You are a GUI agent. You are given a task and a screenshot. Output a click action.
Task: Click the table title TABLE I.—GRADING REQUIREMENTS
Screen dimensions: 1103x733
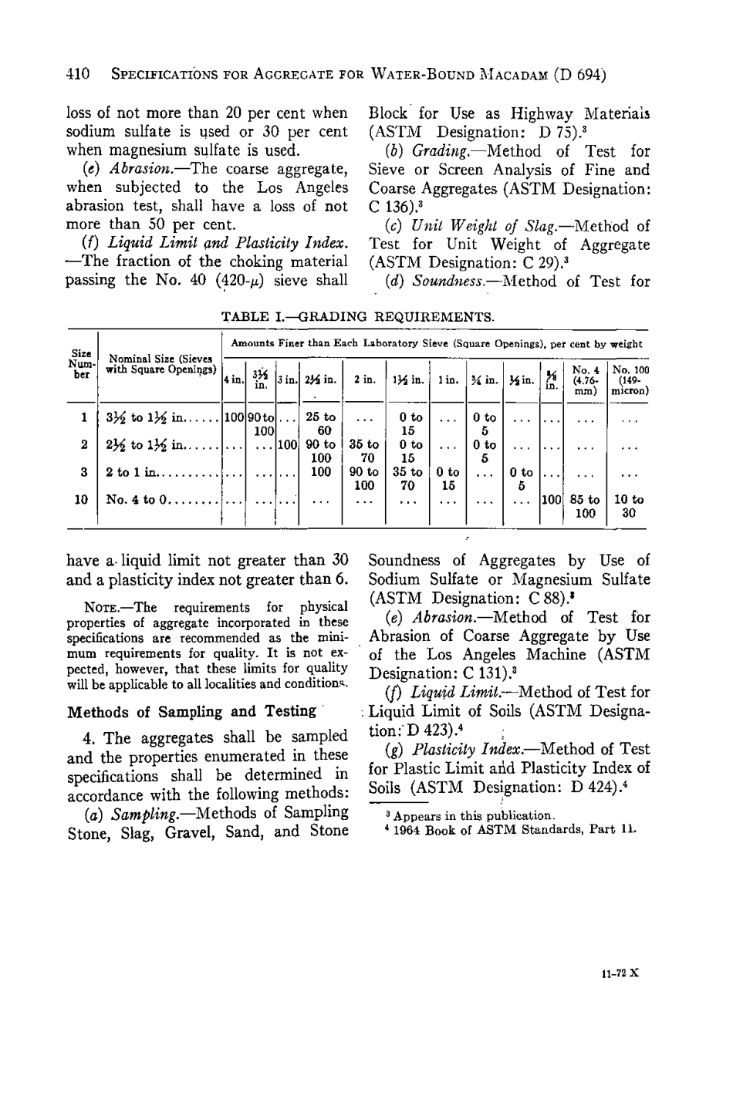click(358, 316)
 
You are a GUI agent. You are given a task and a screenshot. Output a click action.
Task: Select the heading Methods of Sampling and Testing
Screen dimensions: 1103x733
click(192, 711)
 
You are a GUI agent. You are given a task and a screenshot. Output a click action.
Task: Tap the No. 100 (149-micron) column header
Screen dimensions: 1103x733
click(630, 379)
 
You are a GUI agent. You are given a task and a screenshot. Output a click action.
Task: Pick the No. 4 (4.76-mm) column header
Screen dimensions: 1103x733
click(586, 379)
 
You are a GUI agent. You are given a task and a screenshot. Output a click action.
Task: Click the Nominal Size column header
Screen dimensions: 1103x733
click(160, 363)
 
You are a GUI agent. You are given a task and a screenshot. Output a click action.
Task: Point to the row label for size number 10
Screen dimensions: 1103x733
click(81, 500)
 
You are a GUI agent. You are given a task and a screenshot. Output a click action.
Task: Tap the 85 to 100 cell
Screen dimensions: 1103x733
click(586, 506)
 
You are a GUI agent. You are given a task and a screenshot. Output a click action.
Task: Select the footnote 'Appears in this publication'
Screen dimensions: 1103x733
click(471, 816)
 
